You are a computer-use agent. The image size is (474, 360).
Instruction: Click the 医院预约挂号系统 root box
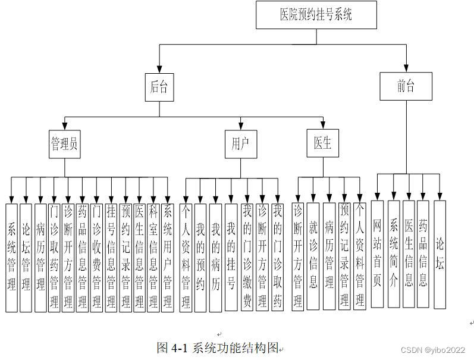pos(316,15)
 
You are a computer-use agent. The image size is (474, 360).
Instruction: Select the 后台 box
pos(159,87)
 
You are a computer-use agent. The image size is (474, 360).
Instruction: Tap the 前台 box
pos(406,86)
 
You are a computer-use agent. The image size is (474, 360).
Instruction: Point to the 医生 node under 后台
pos(323,143)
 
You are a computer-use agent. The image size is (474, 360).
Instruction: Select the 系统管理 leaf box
pos(11,258)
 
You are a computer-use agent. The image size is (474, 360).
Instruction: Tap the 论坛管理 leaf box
pos(26,258)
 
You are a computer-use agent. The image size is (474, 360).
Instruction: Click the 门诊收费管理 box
pos(96,258)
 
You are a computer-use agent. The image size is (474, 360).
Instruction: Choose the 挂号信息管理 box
pos(111,258)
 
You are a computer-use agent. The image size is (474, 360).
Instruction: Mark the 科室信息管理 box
pos(153,258)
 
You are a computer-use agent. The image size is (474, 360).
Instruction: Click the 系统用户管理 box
pos(168,258)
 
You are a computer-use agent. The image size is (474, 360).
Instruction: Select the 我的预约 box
pos(200,258)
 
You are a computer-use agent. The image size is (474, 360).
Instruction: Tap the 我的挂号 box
pos(231,258)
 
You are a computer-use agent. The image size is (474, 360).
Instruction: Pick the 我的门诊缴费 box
pos(247,258)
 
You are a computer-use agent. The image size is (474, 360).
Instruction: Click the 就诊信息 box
pos(313,256)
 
